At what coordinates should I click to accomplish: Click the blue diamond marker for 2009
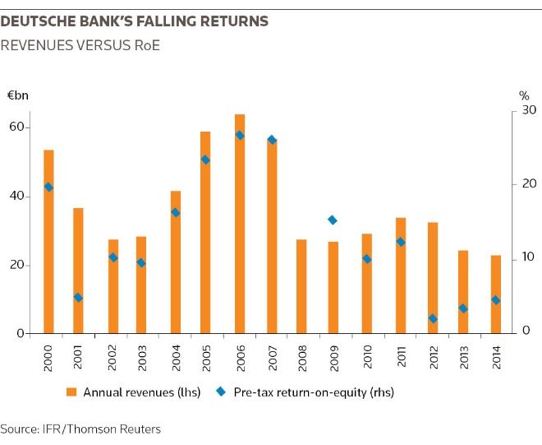click(x=332, y=220)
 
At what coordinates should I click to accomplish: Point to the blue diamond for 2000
click(x=48, y=187)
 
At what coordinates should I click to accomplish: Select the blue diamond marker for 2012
click(x=433, y=318)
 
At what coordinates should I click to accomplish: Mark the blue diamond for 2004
click(x=175, y=212)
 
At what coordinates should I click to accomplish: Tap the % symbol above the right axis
click(x=525, y=95)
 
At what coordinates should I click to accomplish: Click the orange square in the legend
click(x=72, y=392)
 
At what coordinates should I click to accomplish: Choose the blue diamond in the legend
click(x=223, y=392)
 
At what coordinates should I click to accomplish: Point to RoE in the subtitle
click(x=143, y=45)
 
